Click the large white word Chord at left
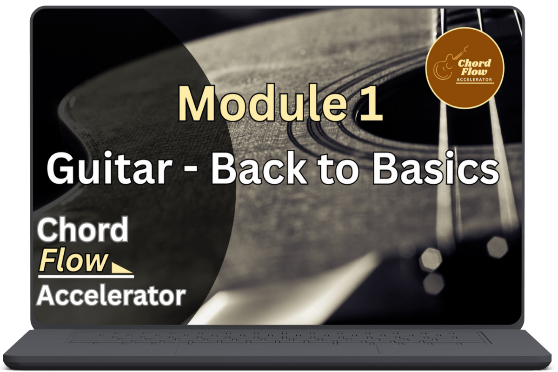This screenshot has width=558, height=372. coord(83,229)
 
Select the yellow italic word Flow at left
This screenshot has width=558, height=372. coord(74,260)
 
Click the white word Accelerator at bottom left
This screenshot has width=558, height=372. coord(111,296)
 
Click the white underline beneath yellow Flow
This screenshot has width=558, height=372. coord(86,276)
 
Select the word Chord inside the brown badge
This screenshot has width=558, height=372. coord(474,63)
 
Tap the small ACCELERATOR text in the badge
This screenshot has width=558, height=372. coord(474,80)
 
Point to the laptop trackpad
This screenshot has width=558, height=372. coord(277,350)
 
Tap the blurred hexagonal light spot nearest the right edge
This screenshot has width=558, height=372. coord(497,248)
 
